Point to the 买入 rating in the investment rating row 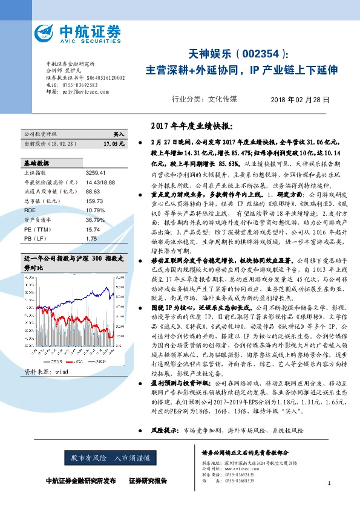point(119,134)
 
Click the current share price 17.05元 point(114,144)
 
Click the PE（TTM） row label point(36,213)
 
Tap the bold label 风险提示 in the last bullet point(162,430)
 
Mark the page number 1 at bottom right point(329,484)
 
